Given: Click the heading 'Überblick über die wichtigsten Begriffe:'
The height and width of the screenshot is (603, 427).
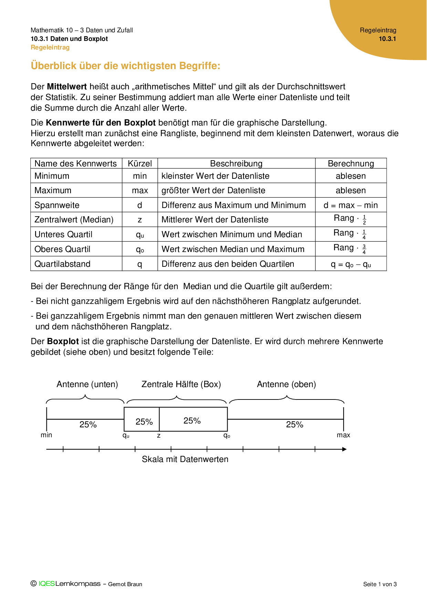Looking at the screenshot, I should point(125,66).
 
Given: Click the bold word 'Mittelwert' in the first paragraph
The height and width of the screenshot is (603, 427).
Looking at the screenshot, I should point(67,87).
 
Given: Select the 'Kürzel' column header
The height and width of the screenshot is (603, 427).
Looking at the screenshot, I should point(140,164).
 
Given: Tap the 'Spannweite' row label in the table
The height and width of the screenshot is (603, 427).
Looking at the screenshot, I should point(57,205).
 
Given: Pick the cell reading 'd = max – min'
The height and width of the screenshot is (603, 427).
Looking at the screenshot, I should point(351,205).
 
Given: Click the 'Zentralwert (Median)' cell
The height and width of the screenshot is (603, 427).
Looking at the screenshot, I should point(74,220).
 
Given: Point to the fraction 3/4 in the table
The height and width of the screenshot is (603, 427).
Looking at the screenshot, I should point(364,249).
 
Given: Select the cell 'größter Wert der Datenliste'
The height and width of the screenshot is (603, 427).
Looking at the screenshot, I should point(213,190).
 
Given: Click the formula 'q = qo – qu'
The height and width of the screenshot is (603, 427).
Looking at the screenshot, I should point(351,264).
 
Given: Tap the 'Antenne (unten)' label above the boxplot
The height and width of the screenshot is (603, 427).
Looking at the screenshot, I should point(87,384).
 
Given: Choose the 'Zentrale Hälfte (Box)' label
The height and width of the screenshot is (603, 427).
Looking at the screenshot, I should point(181,384).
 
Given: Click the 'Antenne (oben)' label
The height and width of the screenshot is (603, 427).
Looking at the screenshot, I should point(287,384).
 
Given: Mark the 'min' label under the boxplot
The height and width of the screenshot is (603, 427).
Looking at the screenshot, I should point(46,435).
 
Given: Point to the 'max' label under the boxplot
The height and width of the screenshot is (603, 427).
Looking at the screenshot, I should point(343,435).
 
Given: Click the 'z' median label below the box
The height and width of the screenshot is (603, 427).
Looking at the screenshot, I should point(159,436).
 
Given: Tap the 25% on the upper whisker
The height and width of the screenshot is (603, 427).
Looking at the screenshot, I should point(294,425).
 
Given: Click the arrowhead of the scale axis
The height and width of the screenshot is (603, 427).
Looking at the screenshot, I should point(344,449).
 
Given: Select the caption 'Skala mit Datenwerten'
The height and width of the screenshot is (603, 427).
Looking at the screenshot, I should point(185,459).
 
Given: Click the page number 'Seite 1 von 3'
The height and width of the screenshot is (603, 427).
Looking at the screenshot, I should point(380,584).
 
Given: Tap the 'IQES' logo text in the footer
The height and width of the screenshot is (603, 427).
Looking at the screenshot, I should point(46,584).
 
